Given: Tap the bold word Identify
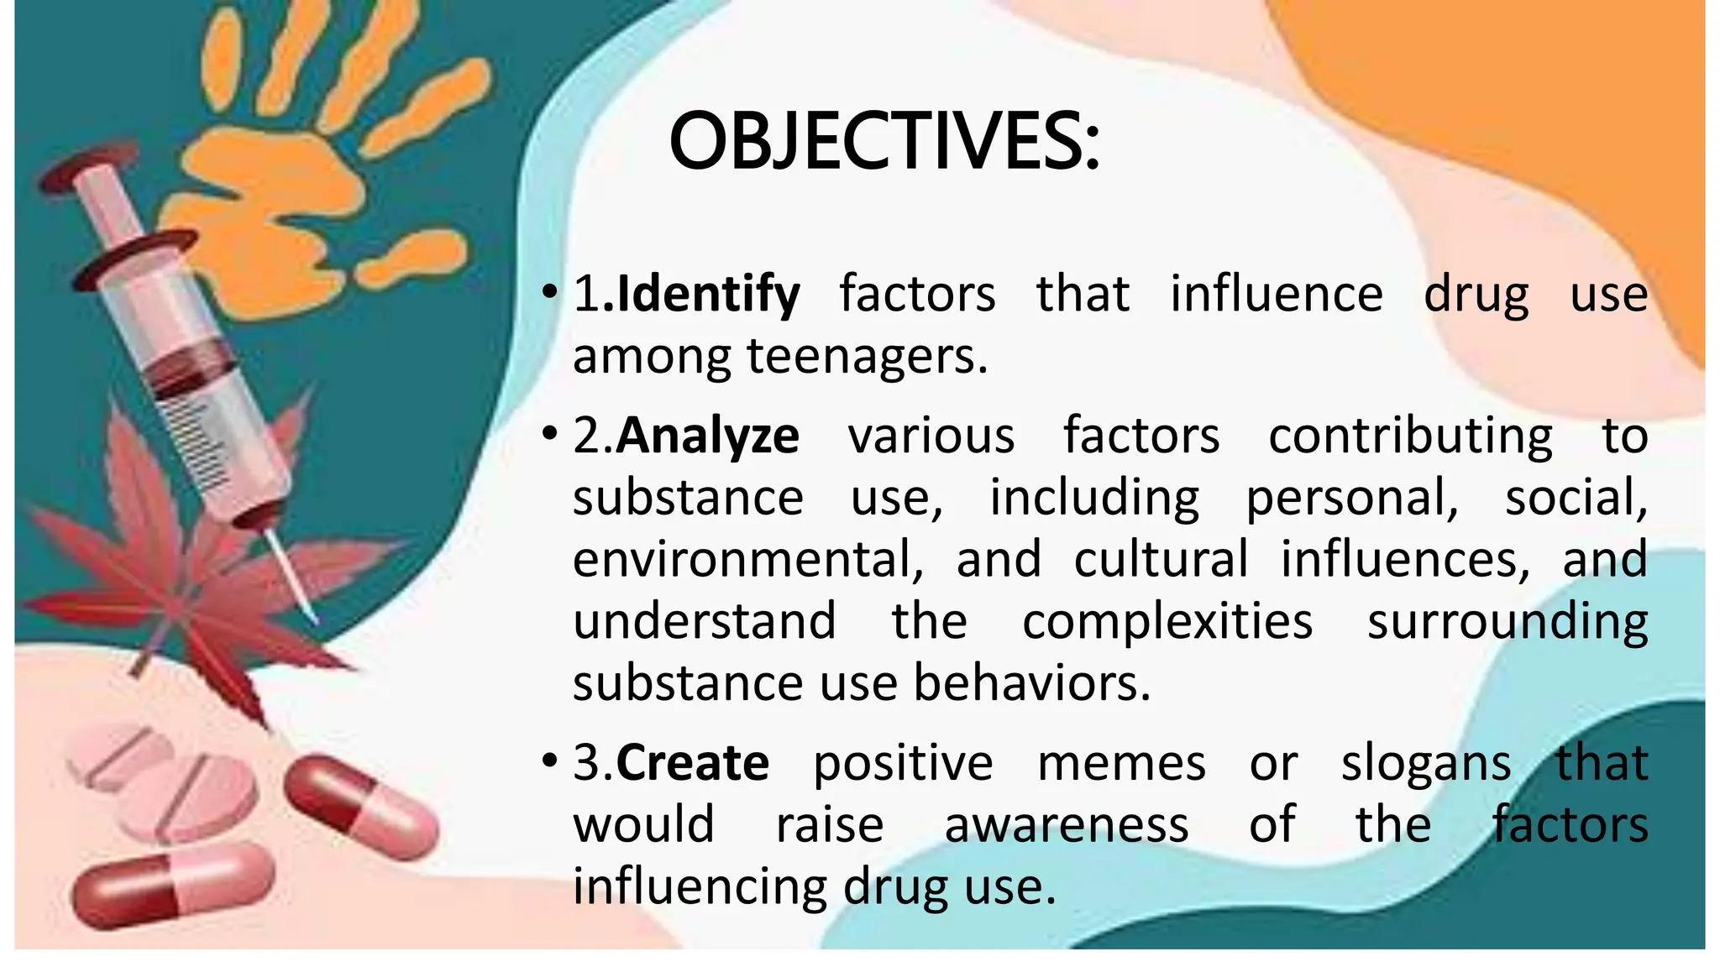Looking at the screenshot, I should coord(708,295).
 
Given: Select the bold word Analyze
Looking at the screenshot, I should coord(707,436).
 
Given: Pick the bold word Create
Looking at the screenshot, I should coord(692,763).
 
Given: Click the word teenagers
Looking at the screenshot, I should coord(867,357).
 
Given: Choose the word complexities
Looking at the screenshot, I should coord(1167,622).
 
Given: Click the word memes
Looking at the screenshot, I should coord(1121,763).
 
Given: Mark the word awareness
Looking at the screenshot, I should coord(1067,825).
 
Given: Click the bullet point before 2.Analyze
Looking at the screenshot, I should coord(549,435).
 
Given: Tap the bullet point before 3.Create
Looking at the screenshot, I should coord(549,761).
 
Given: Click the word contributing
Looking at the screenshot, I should coord(1410,436).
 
